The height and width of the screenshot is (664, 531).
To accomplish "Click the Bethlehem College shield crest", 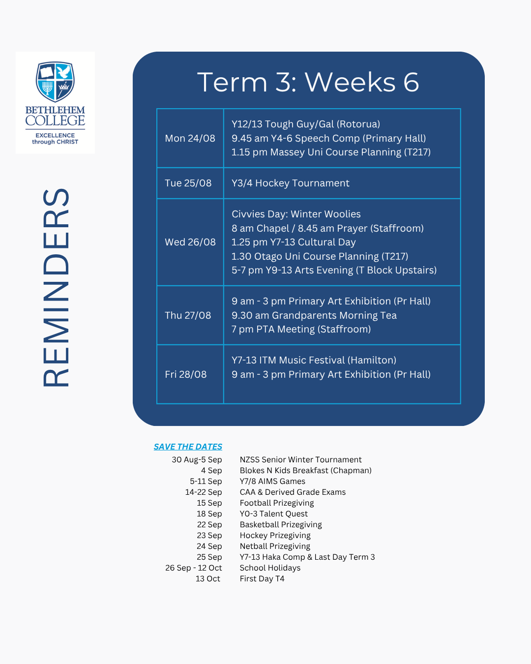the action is pos(55,82).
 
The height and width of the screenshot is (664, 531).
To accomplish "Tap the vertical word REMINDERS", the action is pos(56,288).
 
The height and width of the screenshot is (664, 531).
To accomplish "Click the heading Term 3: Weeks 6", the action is pos(308,82).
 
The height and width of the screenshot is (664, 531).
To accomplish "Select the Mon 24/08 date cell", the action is pos(190,138).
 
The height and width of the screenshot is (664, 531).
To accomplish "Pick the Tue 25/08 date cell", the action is pos(190,183).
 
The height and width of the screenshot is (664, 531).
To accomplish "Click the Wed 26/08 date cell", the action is pos(190,242).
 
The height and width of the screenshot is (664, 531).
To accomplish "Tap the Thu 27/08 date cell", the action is pos(190,315).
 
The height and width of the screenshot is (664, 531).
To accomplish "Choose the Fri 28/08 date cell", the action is pos(190,374).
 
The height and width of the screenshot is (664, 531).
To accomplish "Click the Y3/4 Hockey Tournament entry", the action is pos(291,183).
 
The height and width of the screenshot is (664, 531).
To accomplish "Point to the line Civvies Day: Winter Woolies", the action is pos(296,214).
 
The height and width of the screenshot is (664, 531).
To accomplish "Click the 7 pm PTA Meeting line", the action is pos(301,329).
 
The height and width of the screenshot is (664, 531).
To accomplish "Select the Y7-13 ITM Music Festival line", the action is pos(314,360).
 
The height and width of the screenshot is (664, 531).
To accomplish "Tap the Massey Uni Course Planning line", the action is pos(331,152).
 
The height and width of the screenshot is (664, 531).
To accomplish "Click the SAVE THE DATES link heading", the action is pos(188,447).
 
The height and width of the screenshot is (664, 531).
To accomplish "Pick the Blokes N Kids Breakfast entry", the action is pos(305,471).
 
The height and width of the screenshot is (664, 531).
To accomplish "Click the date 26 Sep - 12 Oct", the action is pos(193,568).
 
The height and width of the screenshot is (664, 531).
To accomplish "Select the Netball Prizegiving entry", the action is pos(275,546).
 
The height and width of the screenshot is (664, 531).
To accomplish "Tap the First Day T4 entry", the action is pos(262,579).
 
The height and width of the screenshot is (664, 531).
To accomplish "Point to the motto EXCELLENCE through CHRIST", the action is pos(55,139).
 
